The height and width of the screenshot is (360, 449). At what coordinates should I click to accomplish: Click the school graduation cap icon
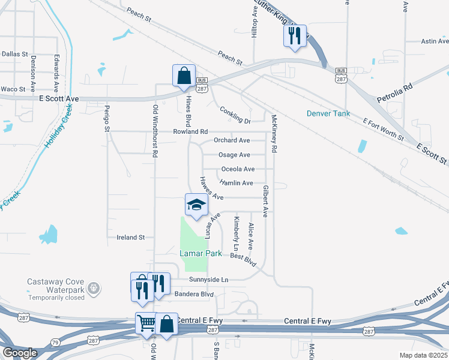196,205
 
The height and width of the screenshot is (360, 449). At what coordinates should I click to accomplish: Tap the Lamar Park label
200,254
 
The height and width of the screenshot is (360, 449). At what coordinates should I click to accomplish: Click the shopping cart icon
146,324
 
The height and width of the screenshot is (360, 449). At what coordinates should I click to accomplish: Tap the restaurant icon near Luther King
295,36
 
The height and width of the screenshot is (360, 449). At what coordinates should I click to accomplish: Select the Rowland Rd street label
190,131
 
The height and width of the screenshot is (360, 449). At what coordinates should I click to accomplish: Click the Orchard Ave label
232,140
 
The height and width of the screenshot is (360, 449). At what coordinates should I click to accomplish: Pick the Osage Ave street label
234,155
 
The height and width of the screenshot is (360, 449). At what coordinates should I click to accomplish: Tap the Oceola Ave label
238,169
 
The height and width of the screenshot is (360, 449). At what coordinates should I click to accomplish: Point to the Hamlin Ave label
236,183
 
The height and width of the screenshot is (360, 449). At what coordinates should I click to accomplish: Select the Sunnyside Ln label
209,280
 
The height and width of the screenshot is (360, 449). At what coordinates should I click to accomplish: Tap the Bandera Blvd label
194,294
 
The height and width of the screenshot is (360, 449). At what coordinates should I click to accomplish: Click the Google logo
20,353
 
